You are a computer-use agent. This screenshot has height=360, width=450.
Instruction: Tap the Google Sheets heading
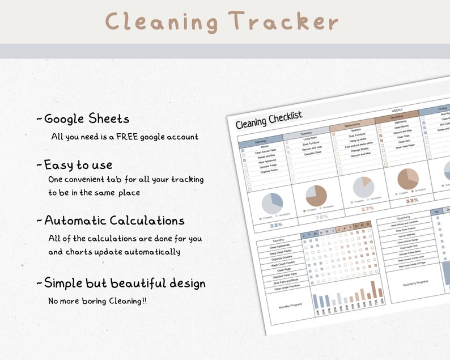(86, 118)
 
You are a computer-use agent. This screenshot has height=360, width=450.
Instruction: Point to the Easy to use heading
(78, 165)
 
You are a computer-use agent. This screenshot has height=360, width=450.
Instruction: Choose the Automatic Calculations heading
(114, 220)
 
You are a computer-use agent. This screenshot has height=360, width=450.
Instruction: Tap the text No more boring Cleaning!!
(97, 301)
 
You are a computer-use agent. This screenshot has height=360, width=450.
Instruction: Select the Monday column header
(261, 141)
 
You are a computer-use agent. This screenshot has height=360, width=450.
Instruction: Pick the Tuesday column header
(307, 133)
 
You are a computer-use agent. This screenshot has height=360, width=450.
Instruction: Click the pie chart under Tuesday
(316, 196)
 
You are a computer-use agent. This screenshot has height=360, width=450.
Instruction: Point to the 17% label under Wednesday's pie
(367, 209)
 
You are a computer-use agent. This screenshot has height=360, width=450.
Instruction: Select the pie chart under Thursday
(407, 179)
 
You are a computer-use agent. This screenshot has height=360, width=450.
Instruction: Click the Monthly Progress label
(291, 304)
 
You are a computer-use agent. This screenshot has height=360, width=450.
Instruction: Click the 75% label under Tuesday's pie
(321, 217)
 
